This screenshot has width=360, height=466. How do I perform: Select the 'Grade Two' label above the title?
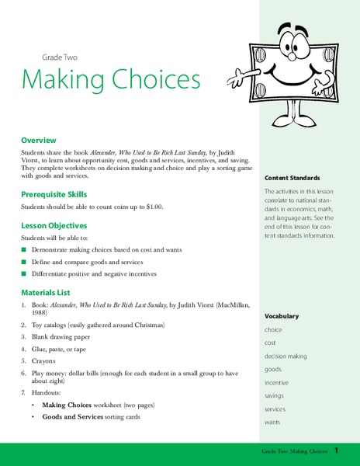[60, 57]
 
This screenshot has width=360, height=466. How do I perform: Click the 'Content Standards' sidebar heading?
[292, 178]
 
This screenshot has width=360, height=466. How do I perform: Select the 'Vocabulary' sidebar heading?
[281, 316]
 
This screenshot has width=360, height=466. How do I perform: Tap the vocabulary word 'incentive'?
[278, 383]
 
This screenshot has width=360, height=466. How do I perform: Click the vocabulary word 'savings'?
[276, 396]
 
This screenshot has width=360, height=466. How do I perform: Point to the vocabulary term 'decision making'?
[286, 356]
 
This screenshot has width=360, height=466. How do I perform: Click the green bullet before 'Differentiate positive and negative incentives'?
[24, 273]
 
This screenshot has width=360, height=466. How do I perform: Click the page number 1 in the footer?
[337, 450]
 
